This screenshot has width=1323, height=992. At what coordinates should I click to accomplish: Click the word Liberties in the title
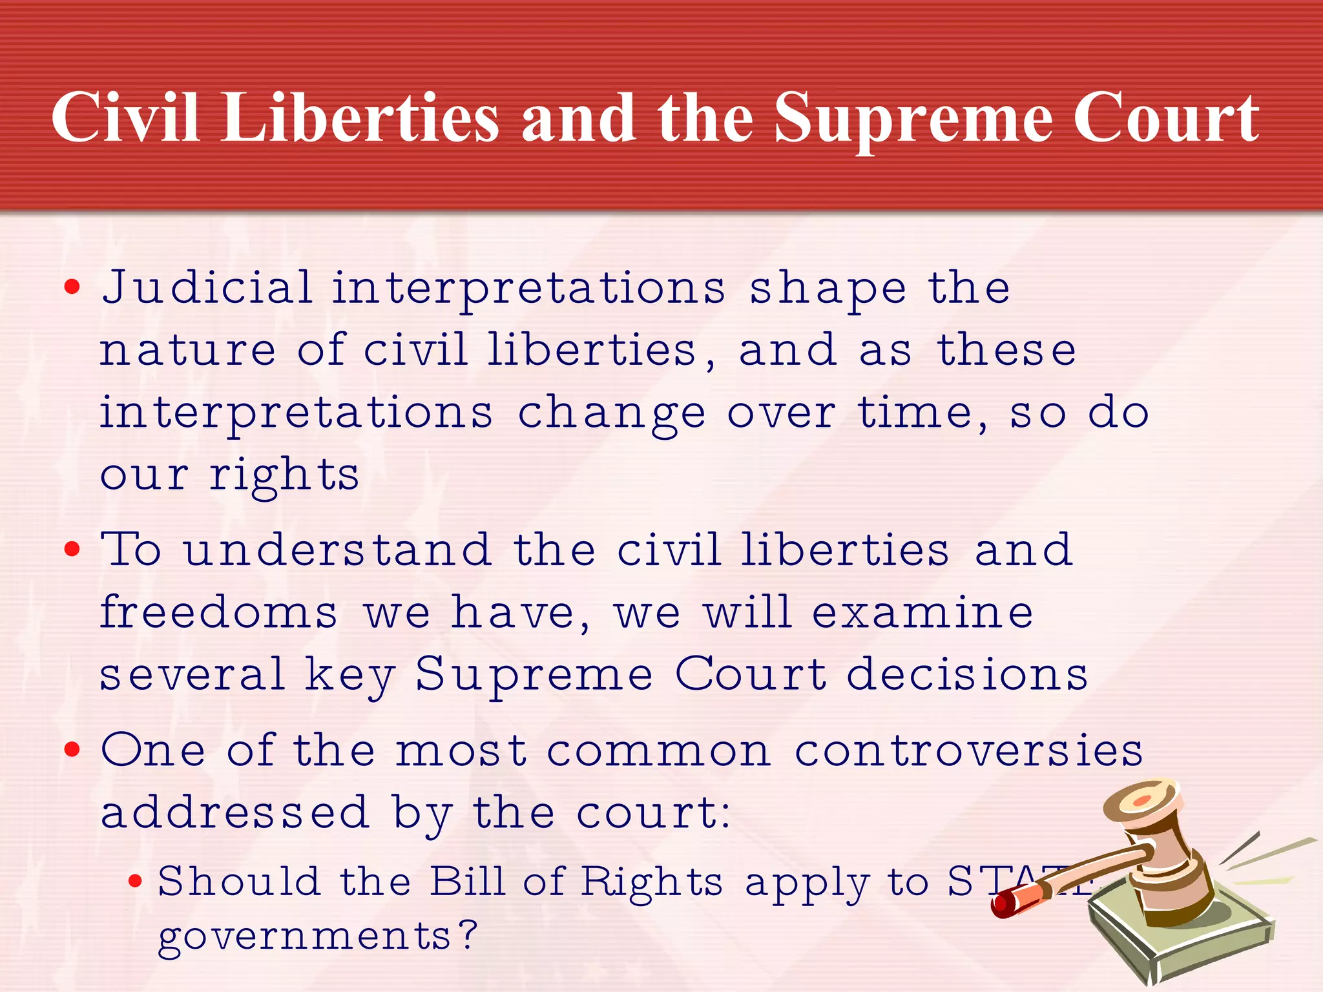pos(360,118)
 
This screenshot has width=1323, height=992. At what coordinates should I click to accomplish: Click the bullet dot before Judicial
pos(72,287)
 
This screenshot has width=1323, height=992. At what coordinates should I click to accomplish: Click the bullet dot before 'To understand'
pos(72,550)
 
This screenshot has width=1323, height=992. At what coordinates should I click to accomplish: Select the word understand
pos(337,550)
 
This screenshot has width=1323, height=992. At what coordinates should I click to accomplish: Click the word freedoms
pos(218,612)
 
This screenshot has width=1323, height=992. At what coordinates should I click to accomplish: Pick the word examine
pos(922,612)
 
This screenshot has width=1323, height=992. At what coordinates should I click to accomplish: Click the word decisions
pos(967,674)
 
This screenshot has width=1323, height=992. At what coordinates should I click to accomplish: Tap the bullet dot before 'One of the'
pos(72,750)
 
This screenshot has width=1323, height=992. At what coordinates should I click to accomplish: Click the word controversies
pos(968,751)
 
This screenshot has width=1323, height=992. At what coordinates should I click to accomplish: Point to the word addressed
pos(235,812)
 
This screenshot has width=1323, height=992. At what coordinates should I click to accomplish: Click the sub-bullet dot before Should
pos(135,881)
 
